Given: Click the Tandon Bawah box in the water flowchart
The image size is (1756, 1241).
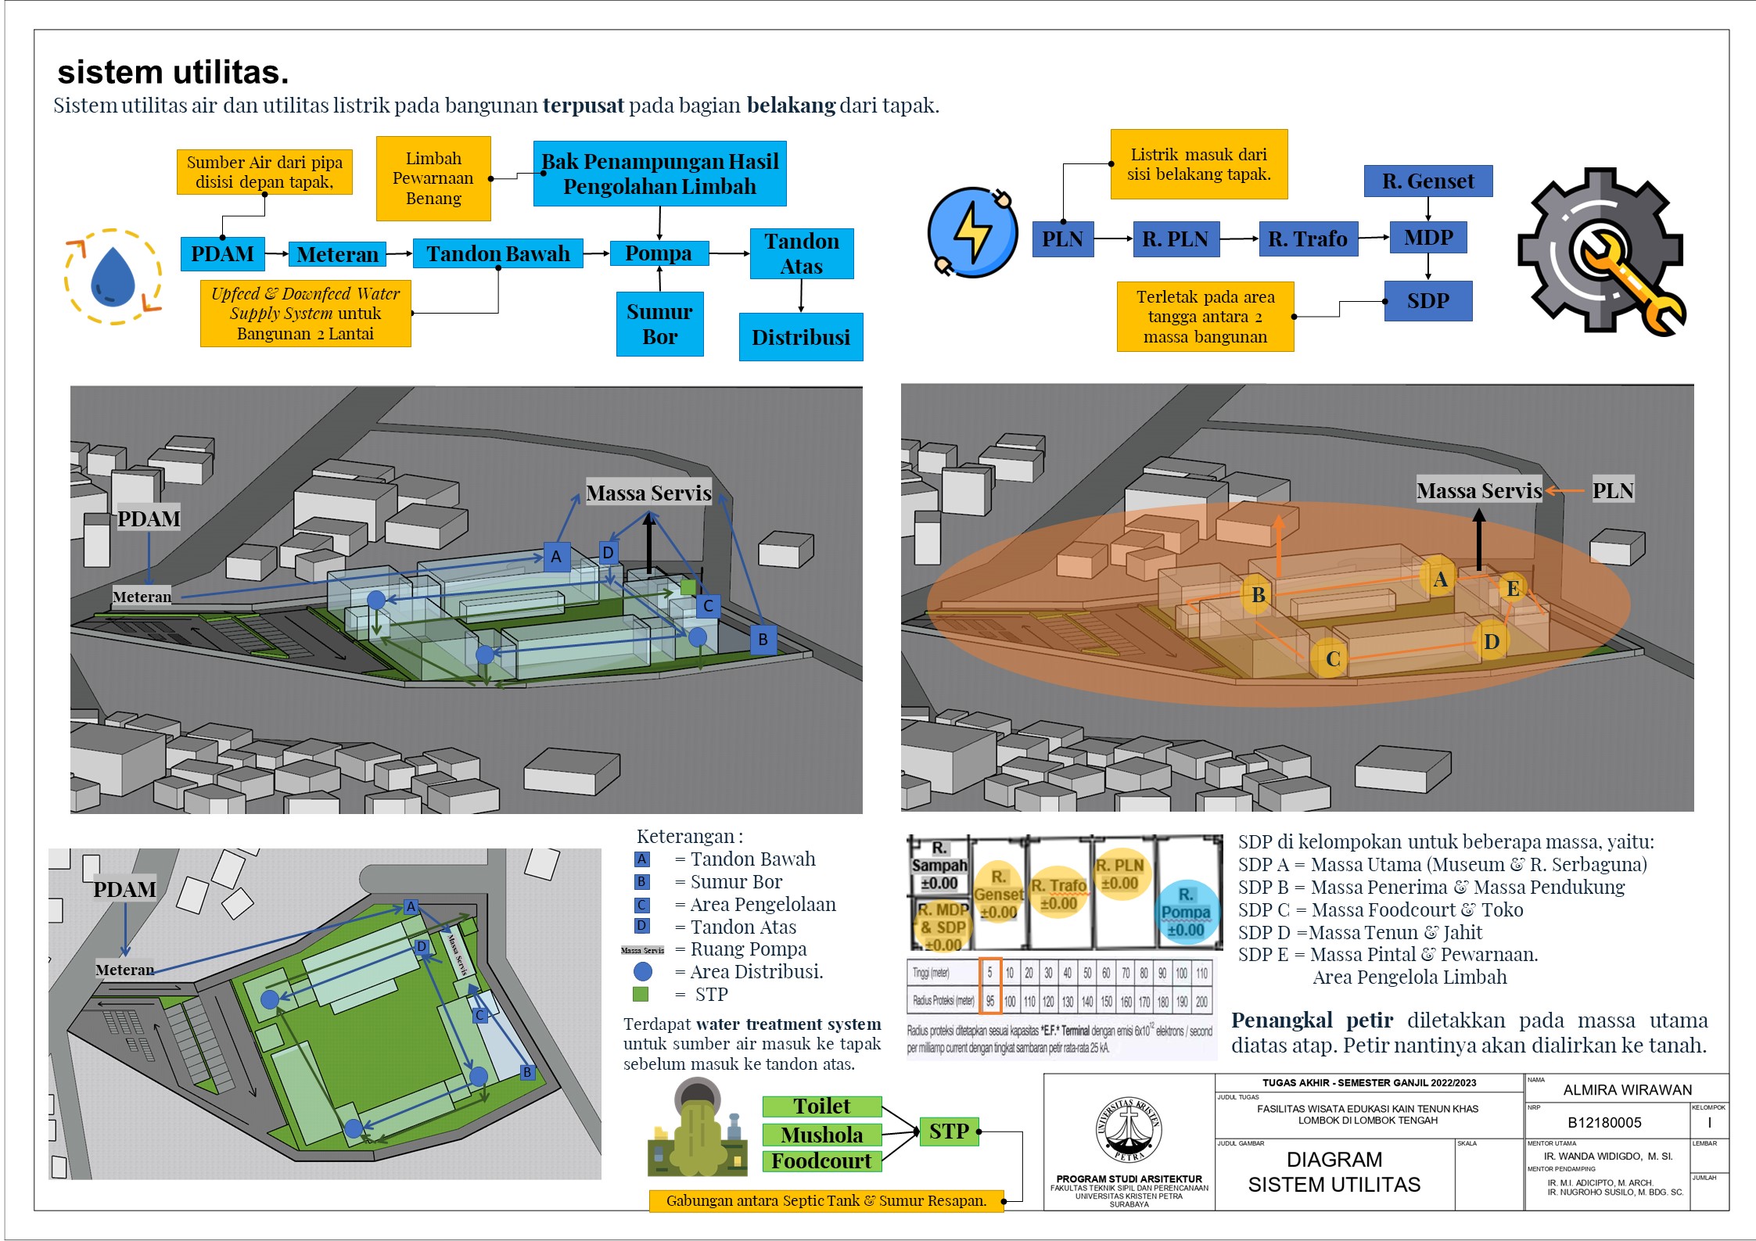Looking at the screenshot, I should pos(497,253).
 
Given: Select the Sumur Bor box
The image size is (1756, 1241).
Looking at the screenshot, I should pos(659,324).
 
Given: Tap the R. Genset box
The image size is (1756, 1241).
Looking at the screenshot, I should pos(1427,181).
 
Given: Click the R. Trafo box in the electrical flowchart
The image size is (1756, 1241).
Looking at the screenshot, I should pos(1307,239).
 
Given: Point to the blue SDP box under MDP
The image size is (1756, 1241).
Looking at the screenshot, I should pos(1427,300).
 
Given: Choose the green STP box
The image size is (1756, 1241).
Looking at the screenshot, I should pos(948,1131).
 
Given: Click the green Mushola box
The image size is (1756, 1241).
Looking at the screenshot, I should pos(821,1134).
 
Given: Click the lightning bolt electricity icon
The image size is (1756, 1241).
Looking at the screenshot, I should pos(972,232).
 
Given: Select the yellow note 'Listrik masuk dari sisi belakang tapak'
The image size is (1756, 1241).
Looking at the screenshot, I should pos(1198,164).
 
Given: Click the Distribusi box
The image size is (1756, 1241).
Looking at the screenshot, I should pos(800,337).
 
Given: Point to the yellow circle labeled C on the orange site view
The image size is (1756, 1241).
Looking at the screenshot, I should pos(1333,658).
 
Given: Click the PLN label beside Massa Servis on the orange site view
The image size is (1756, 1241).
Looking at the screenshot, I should pos(1612,490).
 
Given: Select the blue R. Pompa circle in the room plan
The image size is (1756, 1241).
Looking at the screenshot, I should pos(1186,913).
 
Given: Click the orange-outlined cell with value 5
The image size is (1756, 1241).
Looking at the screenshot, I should pos(989,973).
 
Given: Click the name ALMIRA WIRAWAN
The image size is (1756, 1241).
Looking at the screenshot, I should pos(1627,1089).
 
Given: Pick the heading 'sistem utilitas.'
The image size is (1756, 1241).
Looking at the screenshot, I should pos(173,72).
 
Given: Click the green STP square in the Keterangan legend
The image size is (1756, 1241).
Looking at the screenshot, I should pos(641,994).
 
